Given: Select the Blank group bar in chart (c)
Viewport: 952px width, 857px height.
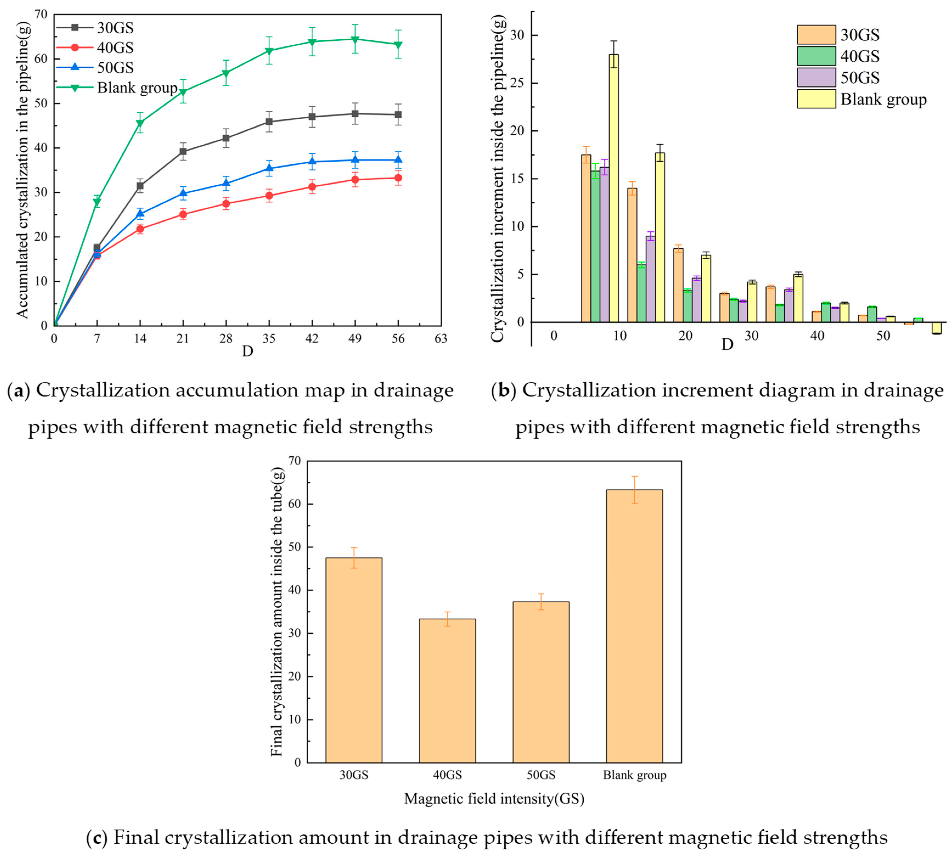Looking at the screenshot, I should click(634, 626).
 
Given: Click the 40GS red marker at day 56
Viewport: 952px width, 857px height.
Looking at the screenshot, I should click(398, 178).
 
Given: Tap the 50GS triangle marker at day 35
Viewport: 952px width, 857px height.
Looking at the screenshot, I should click(269, 168).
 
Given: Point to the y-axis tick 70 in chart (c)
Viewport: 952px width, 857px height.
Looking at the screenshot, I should click(294, 461).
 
